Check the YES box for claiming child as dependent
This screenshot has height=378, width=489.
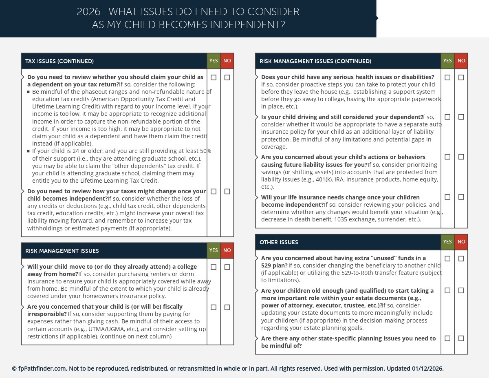click(214, 77)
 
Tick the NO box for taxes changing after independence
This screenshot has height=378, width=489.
click(227, 192)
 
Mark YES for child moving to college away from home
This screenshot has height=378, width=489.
click(214, 267)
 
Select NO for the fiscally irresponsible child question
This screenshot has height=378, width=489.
click(227, 307)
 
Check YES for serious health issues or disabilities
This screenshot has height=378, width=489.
click(447, 77)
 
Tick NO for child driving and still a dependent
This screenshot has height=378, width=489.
click(461, 117)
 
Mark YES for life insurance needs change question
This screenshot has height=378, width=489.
click(447, 197)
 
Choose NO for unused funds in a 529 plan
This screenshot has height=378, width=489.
click(461, 259)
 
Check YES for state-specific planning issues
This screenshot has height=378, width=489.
click(447, 338)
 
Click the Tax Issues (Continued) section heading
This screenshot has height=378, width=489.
click(59, 61)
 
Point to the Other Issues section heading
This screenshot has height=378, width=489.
click(279, 242)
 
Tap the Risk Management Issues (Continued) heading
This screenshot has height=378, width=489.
click(315, 61)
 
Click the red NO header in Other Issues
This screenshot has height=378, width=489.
click(461, 242)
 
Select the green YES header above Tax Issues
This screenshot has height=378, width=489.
click(214, 61)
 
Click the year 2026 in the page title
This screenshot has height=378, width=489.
click(88, 12)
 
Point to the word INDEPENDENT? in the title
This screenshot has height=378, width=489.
click(247, 25)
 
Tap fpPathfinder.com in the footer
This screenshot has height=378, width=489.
click(42, 369)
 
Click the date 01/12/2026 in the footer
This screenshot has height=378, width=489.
click(427, 369)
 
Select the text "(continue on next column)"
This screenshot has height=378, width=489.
click(136, 336)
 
